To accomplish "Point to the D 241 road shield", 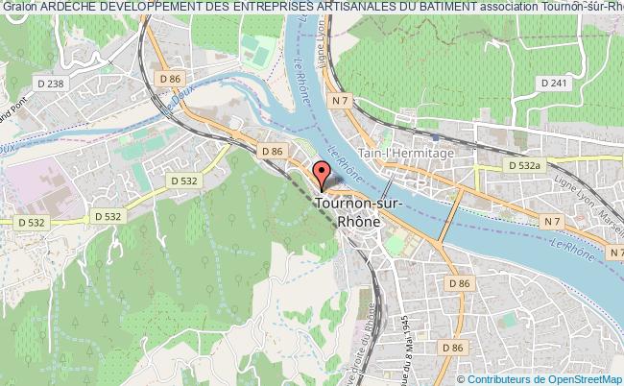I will (556, 84).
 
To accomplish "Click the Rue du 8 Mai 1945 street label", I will (407, 347).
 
